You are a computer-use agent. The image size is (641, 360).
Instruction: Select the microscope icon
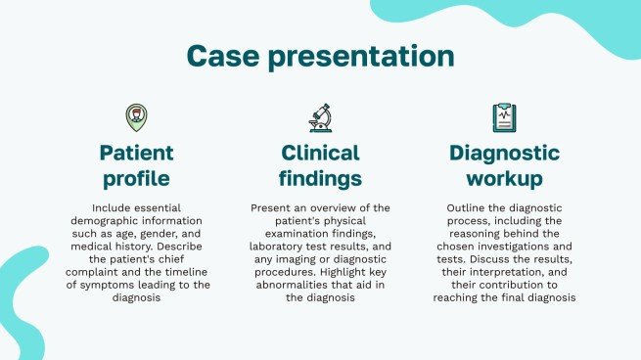[321, 118]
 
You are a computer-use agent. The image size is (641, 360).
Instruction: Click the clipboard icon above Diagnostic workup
[504, 117]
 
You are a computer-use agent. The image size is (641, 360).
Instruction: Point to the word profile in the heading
[137, 179]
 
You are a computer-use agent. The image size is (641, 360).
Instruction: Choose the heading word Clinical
[320, 154]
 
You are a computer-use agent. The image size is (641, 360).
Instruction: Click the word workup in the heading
[505, 179]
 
